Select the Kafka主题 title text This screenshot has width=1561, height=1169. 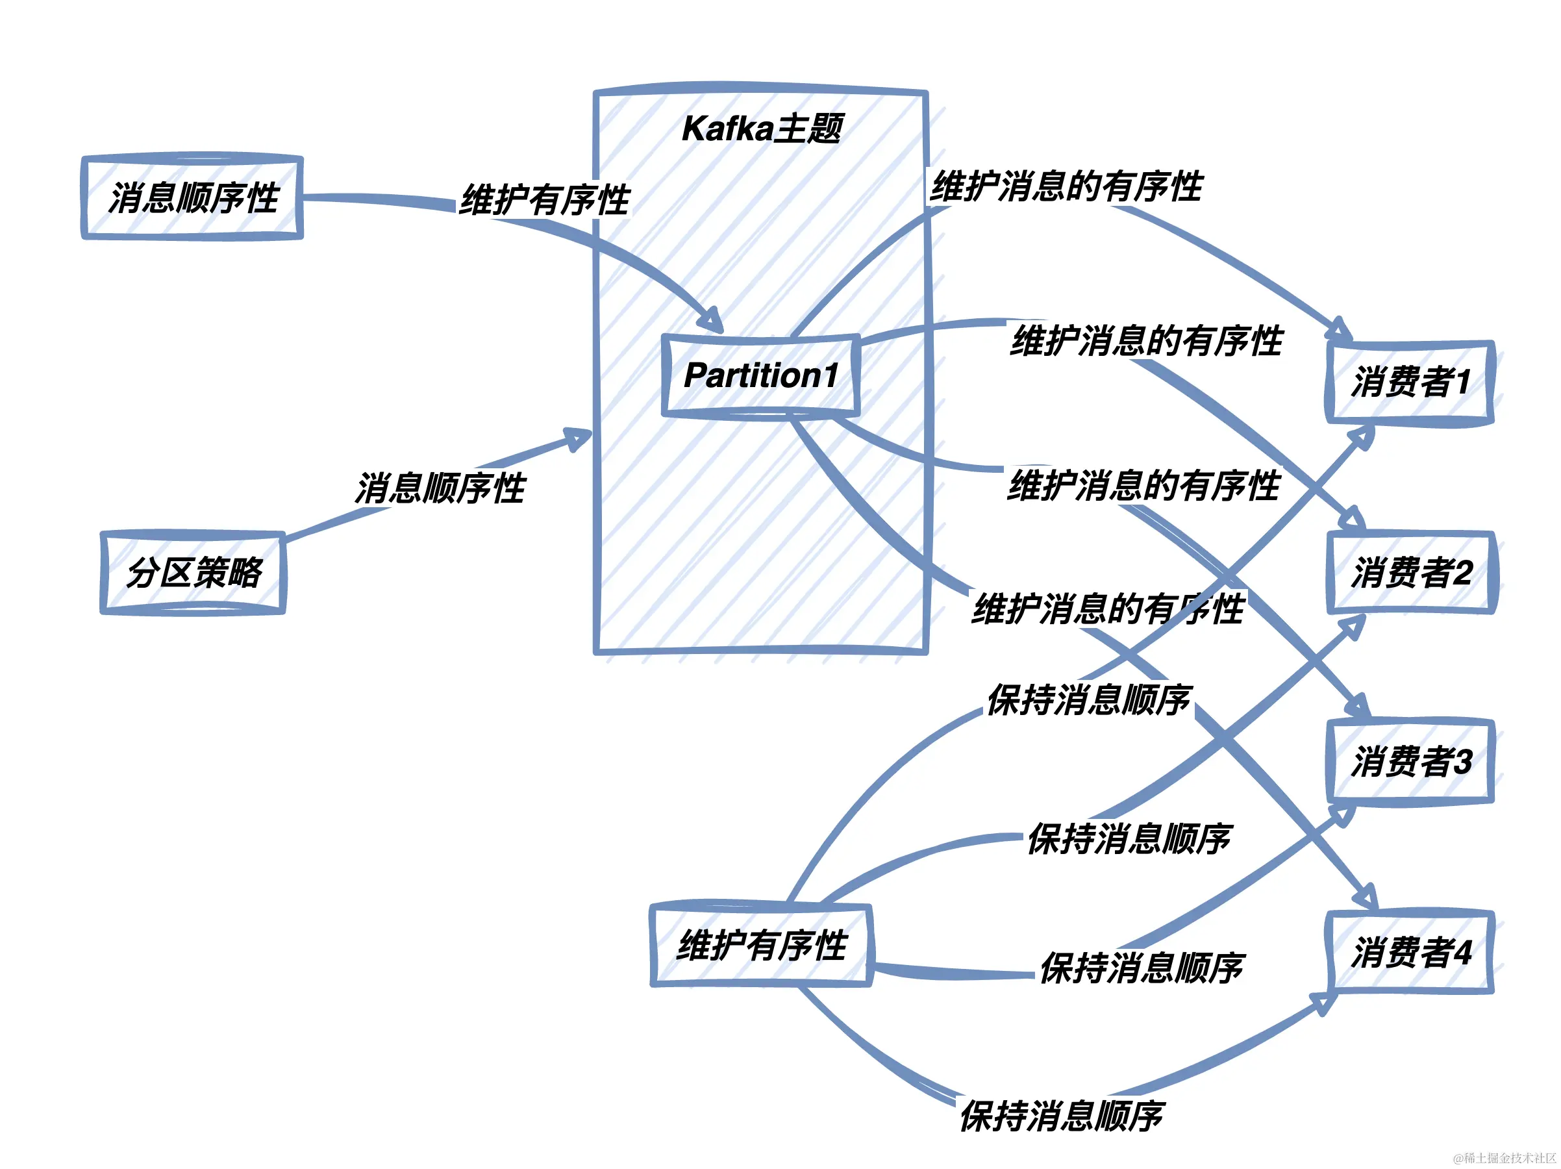(762, 129)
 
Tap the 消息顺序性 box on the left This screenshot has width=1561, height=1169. (193, 197)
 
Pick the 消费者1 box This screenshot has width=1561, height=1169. (1409, 382)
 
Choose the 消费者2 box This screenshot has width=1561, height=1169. (1411, 572)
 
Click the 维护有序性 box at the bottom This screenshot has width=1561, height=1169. (761, 944)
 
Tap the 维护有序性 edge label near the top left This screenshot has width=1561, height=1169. (544, 200)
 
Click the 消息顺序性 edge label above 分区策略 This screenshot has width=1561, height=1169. (440, 488)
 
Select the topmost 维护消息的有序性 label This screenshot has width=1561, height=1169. (1066, 186)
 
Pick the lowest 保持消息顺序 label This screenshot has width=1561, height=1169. (1062, 1115)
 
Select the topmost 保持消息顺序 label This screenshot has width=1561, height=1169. (1089, 699)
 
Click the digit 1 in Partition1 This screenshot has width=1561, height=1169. (830, 375)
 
